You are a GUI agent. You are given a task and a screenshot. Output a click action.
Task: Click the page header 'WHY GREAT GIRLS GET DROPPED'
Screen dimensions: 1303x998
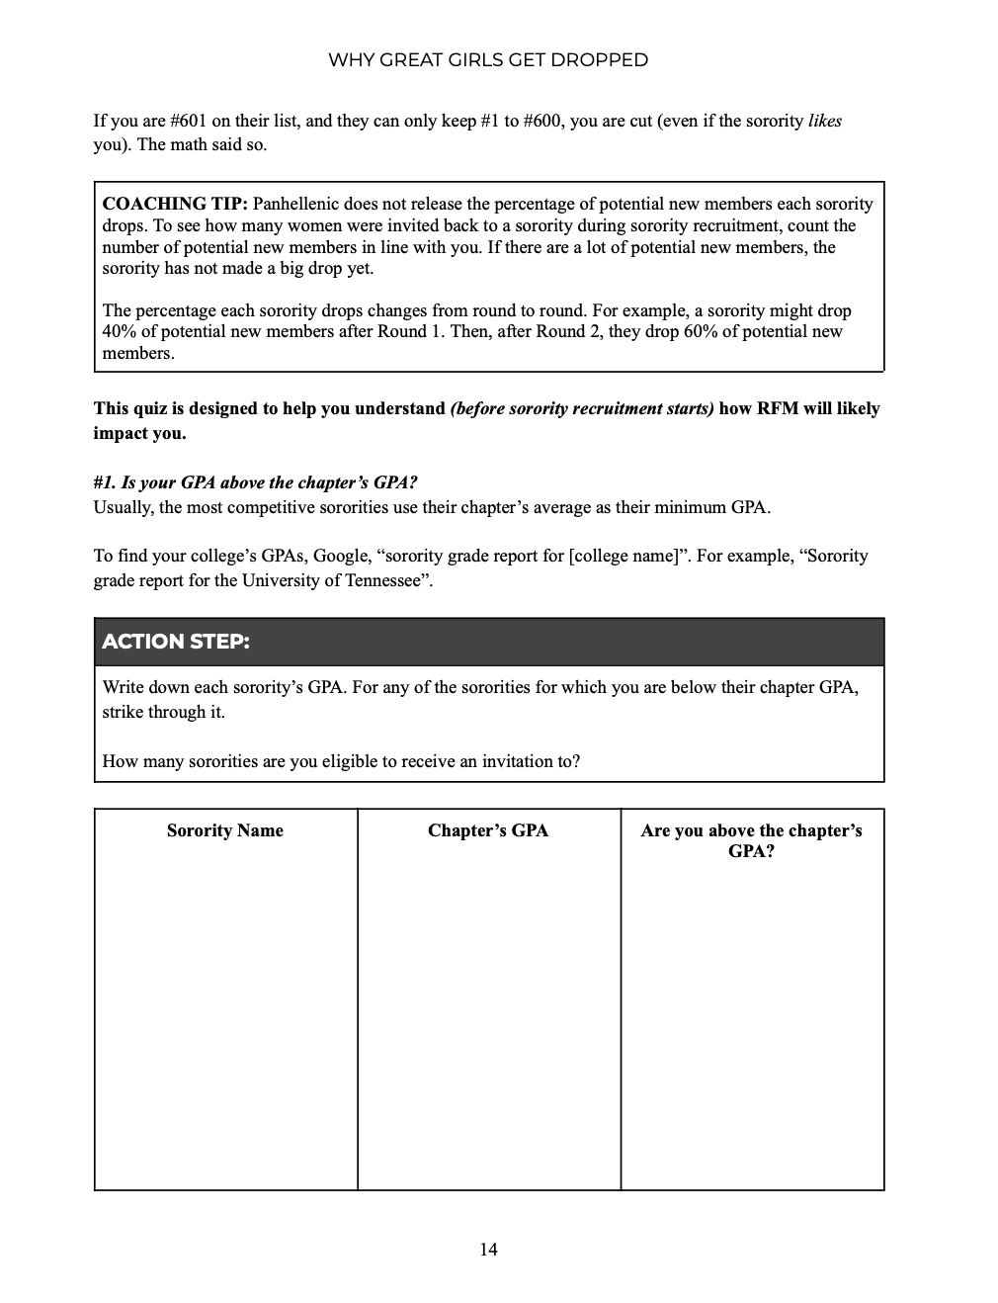pyautogui.click(x=488, y=60)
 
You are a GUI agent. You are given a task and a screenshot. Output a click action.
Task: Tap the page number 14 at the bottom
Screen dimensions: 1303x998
pyautogui.click(x=488, y=1250)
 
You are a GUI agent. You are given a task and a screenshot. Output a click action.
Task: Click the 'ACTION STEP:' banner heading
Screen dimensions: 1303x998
pyautogui.click(x=176, y=642)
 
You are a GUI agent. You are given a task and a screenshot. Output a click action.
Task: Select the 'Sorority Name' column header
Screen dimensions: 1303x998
pyautogui.click(x=225, y=830)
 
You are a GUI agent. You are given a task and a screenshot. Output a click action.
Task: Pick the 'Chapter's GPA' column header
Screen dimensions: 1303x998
pyautogui.click(x=488, y=830)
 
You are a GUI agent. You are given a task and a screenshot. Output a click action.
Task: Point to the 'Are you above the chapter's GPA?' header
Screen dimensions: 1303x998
pyautogui.click(x=751, y=840)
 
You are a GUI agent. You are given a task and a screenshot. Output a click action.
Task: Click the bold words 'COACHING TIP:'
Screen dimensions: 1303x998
pyautogui.click(x=175, y=205)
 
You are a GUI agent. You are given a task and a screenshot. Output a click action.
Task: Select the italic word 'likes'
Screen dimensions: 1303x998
pyautogui.click(x=825, y=121)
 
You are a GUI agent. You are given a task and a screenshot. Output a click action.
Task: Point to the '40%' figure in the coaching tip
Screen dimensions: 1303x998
pyautogui.click(x=120, y=332)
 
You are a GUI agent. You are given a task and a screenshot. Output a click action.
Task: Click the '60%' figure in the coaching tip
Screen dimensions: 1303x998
pyautogui.click(x=673, y=332)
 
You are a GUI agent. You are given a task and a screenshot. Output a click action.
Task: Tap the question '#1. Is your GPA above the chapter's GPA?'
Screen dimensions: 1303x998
pyautogui.click(x=255, y=483)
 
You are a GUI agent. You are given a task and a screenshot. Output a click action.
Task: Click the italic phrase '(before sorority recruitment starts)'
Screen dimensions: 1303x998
pyautogui.click(x=582, y=408)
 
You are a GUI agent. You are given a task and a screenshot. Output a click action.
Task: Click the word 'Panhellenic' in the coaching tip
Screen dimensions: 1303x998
pyautogui.click(x=299, y=205)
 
